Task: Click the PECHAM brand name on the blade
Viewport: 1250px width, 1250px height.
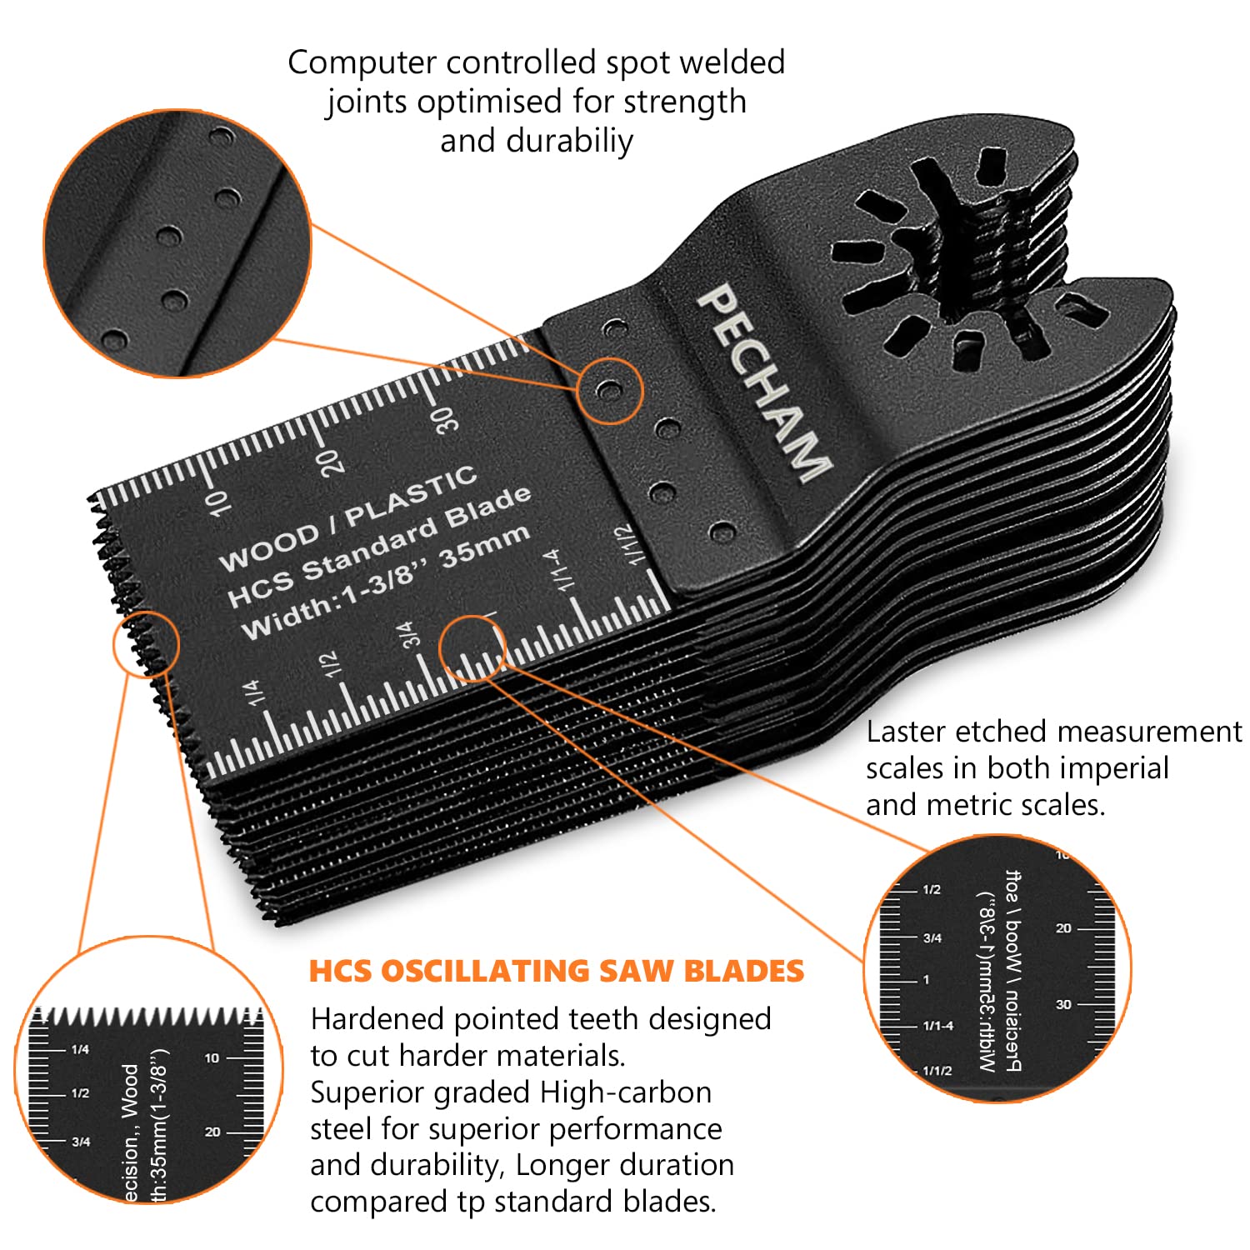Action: point(762,383)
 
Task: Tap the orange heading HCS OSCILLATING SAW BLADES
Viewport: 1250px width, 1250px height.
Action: point(557,971)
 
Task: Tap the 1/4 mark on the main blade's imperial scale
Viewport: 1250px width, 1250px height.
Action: point(253,693)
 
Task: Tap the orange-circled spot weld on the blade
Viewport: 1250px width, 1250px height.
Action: point(610,390)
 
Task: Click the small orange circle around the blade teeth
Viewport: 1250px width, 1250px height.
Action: point(146,643)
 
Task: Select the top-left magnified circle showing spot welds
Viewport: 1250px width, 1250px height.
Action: point(177,243)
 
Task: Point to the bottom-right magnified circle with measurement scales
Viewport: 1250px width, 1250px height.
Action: point(997,969)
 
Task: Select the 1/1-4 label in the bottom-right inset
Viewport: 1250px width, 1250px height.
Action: point(938,1026)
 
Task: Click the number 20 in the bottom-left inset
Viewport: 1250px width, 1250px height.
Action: point(212,1132)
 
